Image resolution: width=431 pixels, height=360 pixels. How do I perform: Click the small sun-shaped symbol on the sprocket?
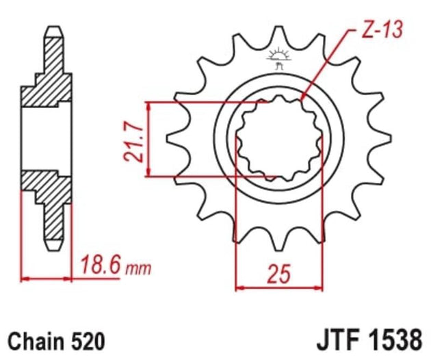(x=278, y=55)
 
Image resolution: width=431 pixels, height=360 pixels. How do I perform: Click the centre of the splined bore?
(x=278, y=137)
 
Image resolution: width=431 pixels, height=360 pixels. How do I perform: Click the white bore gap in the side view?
(x=47, y=137)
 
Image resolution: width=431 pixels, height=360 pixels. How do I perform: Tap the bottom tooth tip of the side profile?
(x=53, y=243)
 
